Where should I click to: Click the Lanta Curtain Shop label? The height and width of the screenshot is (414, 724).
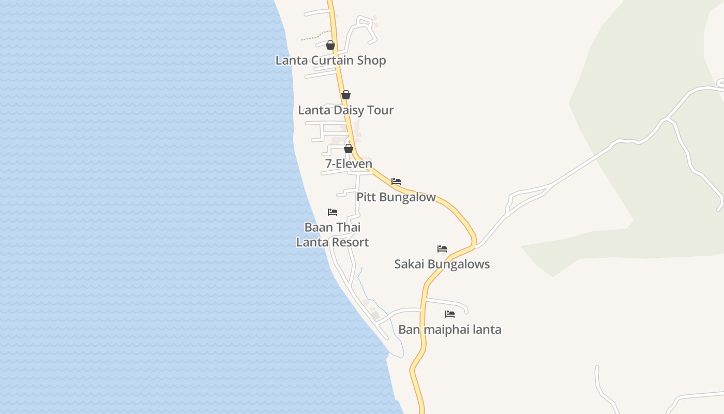330,60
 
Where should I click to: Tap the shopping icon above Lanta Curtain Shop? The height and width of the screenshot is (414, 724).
330,46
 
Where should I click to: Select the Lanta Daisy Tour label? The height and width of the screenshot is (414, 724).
345,110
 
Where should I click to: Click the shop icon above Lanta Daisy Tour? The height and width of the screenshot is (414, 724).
346,95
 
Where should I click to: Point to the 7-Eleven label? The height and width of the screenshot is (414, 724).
349,164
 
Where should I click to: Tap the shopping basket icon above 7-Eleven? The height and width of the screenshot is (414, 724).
349,149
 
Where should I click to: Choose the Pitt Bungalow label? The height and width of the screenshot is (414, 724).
396,197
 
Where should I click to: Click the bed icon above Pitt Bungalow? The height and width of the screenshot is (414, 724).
396,182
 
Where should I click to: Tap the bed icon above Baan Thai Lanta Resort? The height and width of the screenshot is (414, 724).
333,212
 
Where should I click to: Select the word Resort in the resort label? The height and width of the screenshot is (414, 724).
351,242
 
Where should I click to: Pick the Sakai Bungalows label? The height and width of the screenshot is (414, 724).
442,264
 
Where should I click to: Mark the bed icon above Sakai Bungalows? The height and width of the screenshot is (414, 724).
442,249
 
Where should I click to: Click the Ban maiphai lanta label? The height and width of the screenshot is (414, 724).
449,330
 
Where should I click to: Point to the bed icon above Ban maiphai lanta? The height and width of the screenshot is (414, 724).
450,314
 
